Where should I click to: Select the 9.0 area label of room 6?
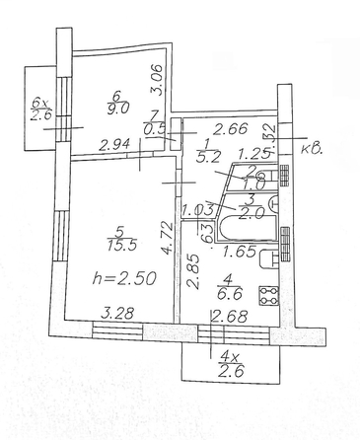click(x=119, y=110)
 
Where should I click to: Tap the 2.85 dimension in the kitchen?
click(x=192, y=271)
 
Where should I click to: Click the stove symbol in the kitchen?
click(x=265, y=294)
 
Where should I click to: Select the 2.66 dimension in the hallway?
click(x=230, y=127)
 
